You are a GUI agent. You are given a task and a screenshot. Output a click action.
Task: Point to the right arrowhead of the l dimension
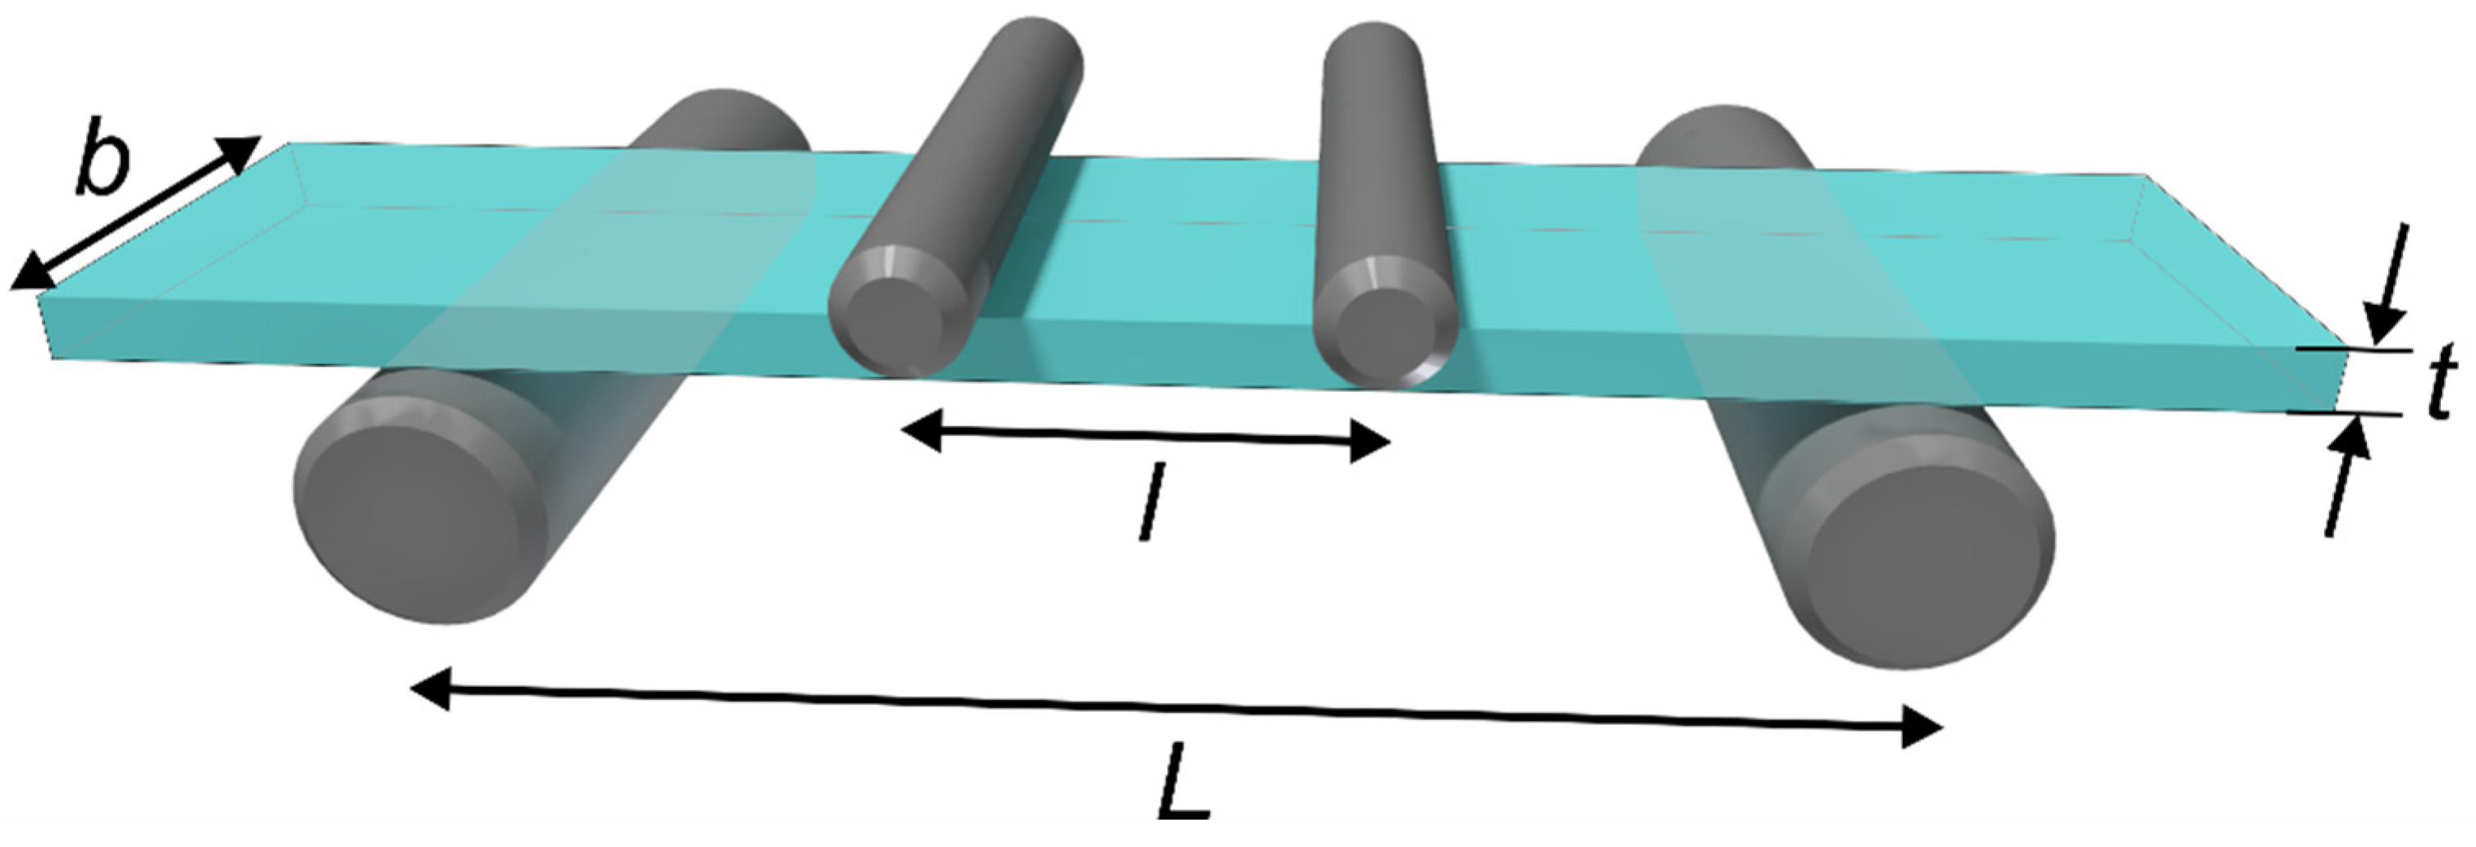pyautogui.click(x=1369, y=444)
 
